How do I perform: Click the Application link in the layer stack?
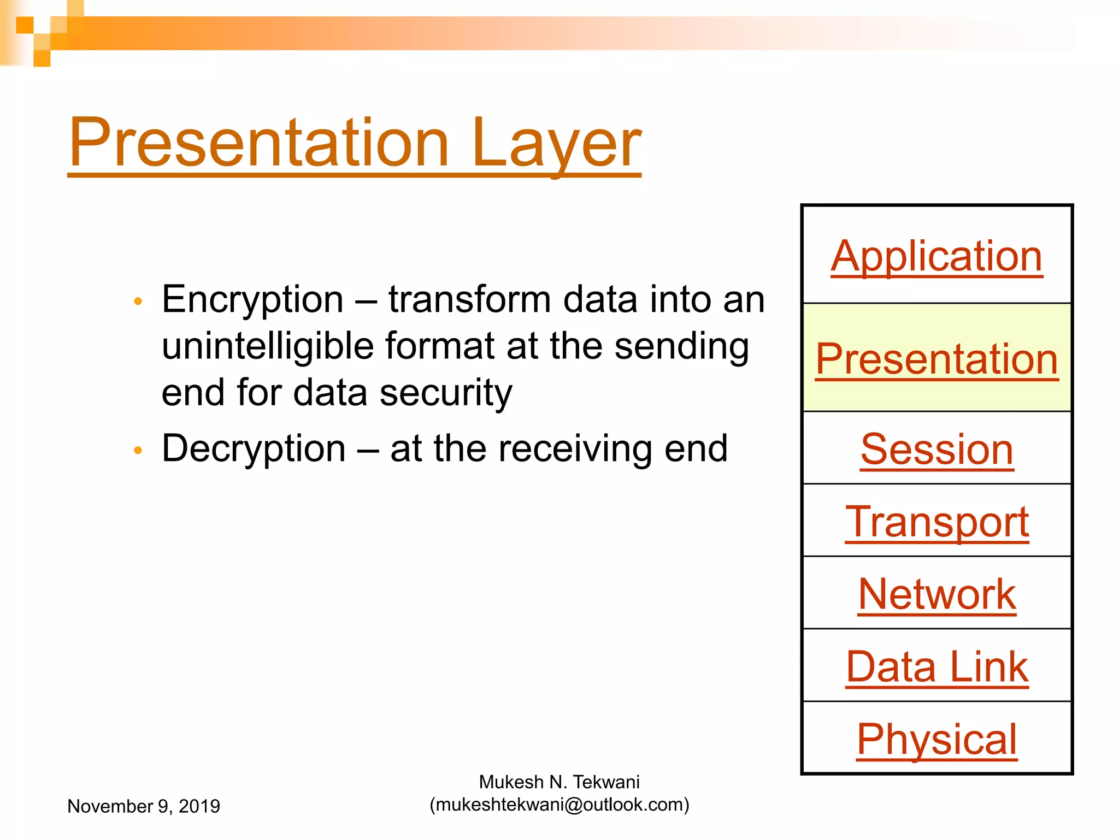(937, 257)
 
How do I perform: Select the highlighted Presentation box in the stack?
(937, 358)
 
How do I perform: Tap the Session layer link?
(937, 450)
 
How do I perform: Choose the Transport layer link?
(937, 522)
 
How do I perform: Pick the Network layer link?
(937, 594)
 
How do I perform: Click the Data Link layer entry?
(937, 667)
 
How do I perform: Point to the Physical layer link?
(937, 739)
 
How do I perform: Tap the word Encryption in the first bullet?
(252, 299)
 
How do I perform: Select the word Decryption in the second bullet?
(254, 448)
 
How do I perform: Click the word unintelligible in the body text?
(268, 346)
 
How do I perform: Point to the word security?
(446, 393)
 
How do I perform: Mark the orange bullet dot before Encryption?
(138, 301)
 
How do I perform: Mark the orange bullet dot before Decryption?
(138, 450)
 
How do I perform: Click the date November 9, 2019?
(143, 806)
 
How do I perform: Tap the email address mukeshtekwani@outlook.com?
(559, 805)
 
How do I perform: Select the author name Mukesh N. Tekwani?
(559, 782)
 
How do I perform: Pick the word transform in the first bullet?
(469, 299)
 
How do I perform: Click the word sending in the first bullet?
(681, 346)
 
